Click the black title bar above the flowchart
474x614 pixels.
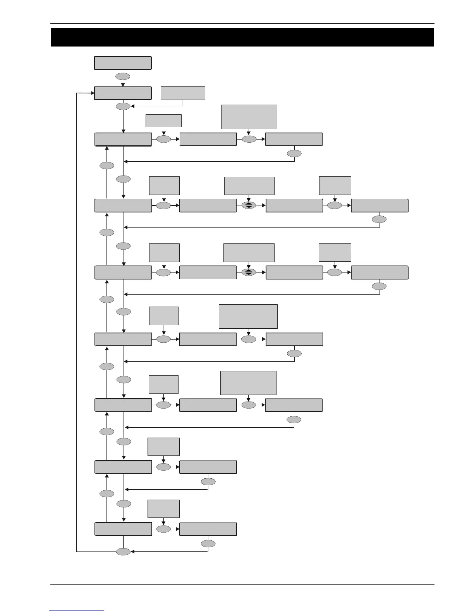[242, 37]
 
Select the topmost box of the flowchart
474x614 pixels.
[123, 63]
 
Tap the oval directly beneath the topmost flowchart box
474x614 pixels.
[123, 76]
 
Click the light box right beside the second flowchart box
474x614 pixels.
[183, 93]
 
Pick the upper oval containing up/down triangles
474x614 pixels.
[249, 205]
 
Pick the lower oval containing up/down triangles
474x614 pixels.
[249, 272]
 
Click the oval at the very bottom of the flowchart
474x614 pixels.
[124, 552]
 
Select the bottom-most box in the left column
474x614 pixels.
[123, 529]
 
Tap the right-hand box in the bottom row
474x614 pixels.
[208, 529]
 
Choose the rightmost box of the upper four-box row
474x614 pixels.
[380, 205]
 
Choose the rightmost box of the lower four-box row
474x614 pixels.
[380, 273]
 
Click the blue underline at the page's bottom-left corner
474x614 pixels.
[77, 611]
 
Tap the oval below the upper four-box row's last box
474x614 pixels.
[379, 219]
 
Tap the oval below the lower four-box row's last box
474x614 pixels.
[379, 286]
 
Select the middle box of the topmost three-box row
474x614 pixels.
[208, 140]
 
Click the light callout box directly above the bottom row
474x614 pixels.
[163, 509]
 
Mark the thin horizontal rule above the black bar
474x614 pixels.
[242, 23]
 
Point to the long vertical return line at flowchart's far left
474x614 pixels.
[76, 322]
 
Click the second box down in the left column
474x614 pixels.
[123, 93]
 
